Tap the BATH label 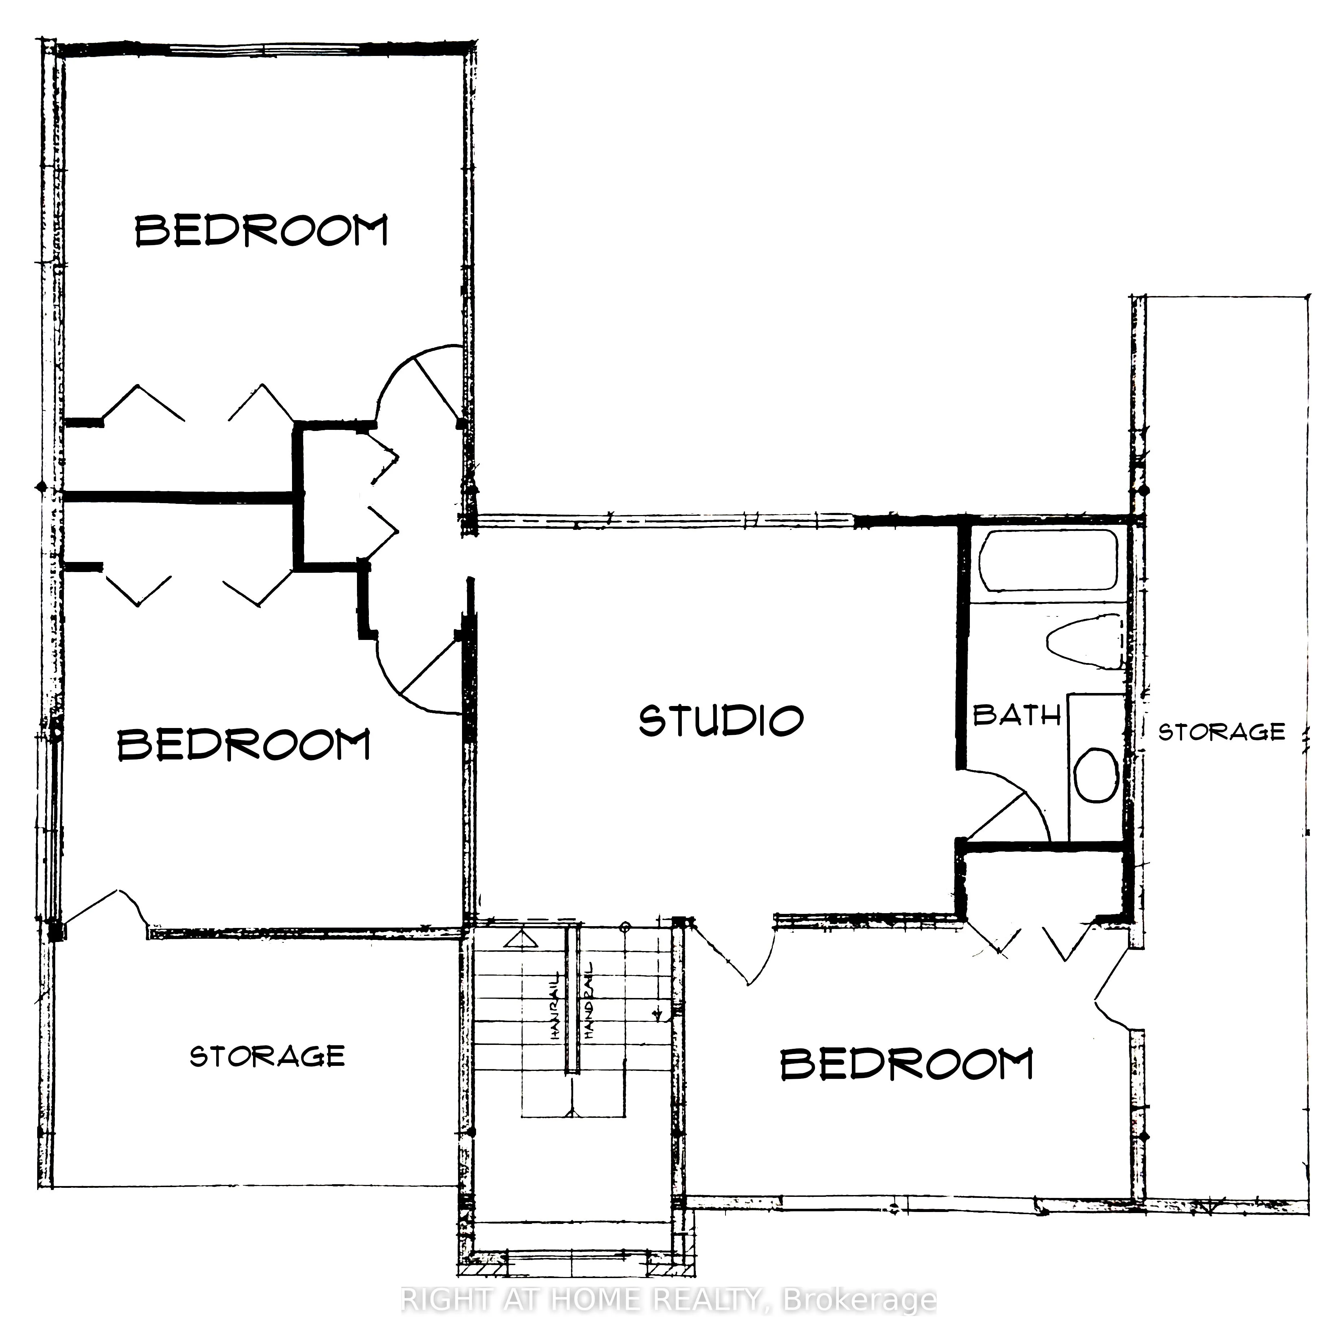pyautogui.click(x=1016, y=715)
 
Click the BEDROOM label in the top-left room pyautogui.click(x=261, y=231)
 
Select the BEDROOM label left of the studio pyautogui.click(x=244, y=745)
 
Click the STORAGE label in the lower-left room pyautogui.click(x=267, y=1056)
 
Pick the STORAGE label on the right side pyautogui.click(x=1222, y=732)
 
